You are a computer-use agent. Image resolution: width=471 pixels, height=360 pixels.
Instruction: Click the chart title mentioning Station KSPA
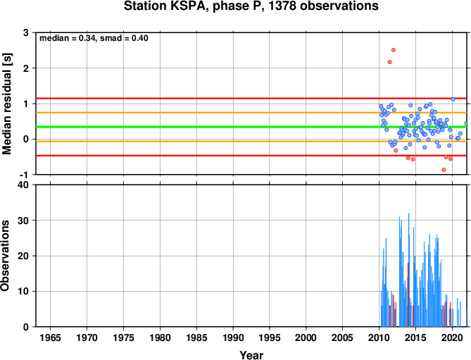(251, 6)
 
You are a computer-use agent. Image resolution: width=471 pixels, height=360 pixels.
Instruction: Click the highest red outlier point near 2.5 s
(394, 50)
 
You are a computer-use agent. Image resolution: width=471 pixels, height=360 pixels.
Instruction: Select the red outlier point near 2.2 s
(389, 62)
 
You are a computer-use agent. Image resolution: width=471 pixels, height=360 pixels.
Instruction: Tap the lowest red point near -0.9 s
(444, 170)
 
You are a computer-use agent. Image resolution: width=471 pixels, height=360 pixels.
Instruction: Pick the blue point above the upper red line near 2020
(453, 99)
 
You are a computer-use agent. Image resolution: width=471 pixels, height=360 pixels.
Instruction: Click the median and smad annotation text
(94, 38)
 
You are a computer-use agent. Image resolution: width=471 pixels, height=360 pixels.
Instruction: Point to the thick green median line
(251, 127)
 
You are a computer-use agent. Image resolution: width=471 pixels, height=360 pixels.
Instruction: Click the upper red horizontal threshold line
(251, 98)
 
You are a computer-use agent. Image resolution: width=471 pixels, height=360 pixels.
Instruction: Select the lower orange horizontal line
(251, 141)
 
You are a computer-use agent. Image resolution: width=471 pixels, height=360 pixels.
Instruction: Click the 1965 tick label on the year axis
(50, 337)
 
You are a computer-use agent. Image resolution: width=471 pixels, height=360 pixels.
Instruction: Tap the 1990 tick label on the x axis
(233, 337)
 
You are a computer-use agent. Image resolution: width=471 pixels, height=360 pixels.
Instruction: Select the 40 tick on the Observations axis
(23, 185)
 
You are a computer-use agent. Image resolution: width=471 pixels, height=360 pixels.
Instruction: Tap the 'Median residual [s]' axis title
(6, 104)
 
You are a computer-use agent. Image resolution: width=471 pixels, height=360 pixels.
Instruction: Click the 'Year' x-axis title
(251, 355)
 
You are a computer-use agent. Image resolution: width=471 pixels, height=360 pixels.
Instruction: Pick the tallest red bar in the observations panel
(408, 294)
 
